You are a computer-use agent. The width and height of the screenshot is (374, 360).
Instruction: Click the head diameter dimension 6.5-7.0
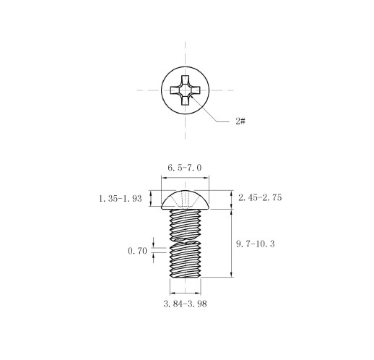[185, 168]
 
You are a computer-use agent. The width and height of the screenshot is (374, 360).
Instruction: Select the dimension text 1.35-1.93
[121, 199]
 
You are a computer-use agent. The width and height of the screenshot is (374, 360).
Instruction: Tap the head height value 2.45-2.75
[260, 197]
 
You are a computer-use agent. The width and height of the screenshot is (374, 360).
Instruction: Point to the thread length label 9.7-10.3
[256, 244]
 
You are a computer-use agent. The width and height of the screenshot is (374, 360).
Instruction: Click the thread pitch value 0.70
[137, 251]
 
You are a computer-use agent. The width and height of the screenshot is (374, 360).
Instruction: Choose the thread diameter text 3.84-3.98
[185, 304]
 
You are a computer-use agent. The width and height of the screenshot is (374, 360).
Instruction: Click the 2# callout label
[240, 121]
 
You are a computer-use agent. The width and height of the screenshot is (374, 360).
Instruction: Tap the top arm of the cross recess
[185, 80]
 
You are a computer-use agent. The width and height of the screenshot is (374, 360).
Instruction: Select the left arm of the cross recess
[175, 90]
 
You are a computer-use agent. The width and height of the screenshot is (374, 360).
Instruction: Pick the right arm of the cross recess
[195, 90]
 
